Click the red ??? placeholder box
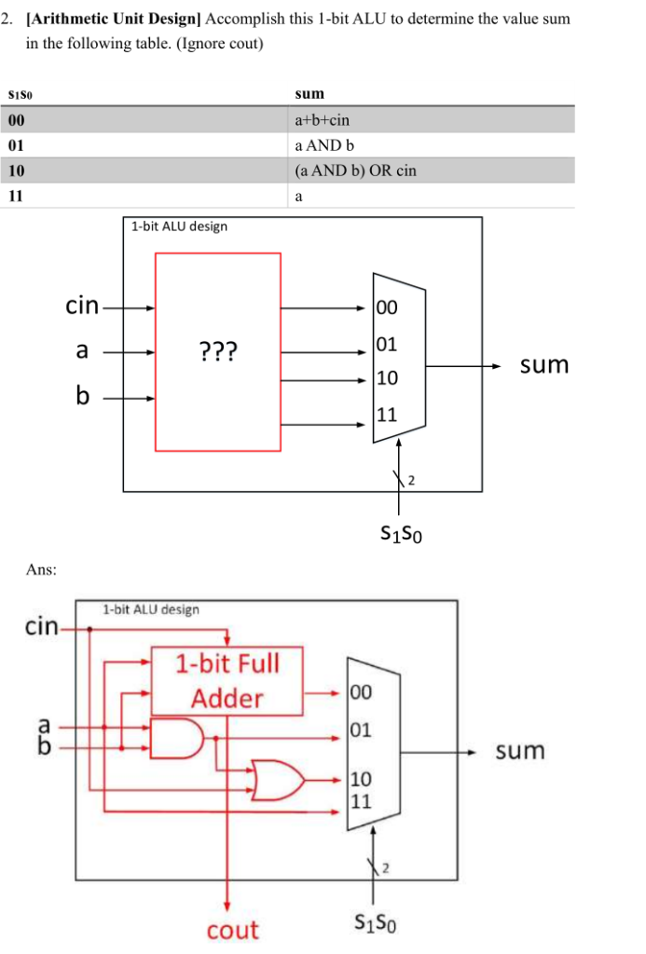coord(217,351)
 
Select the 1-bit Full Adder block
coord(227,681)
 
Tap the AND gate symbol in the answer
coord(182,738)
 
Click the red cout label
coord(232,929)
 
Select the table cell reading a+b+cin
coord(322,120)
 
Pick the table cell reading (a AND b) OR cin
coord(355,171)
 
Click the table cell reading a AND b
coord(323,146)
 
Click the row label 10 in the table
coord(16,171)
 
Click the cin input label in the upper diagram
coord(82,306)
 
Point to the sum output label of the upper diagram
coord(543,364)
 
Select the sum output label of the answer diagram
coord(519,750)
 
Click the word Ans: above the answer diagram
coord(41,569)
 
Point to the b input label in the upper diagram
coord(83,397)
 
